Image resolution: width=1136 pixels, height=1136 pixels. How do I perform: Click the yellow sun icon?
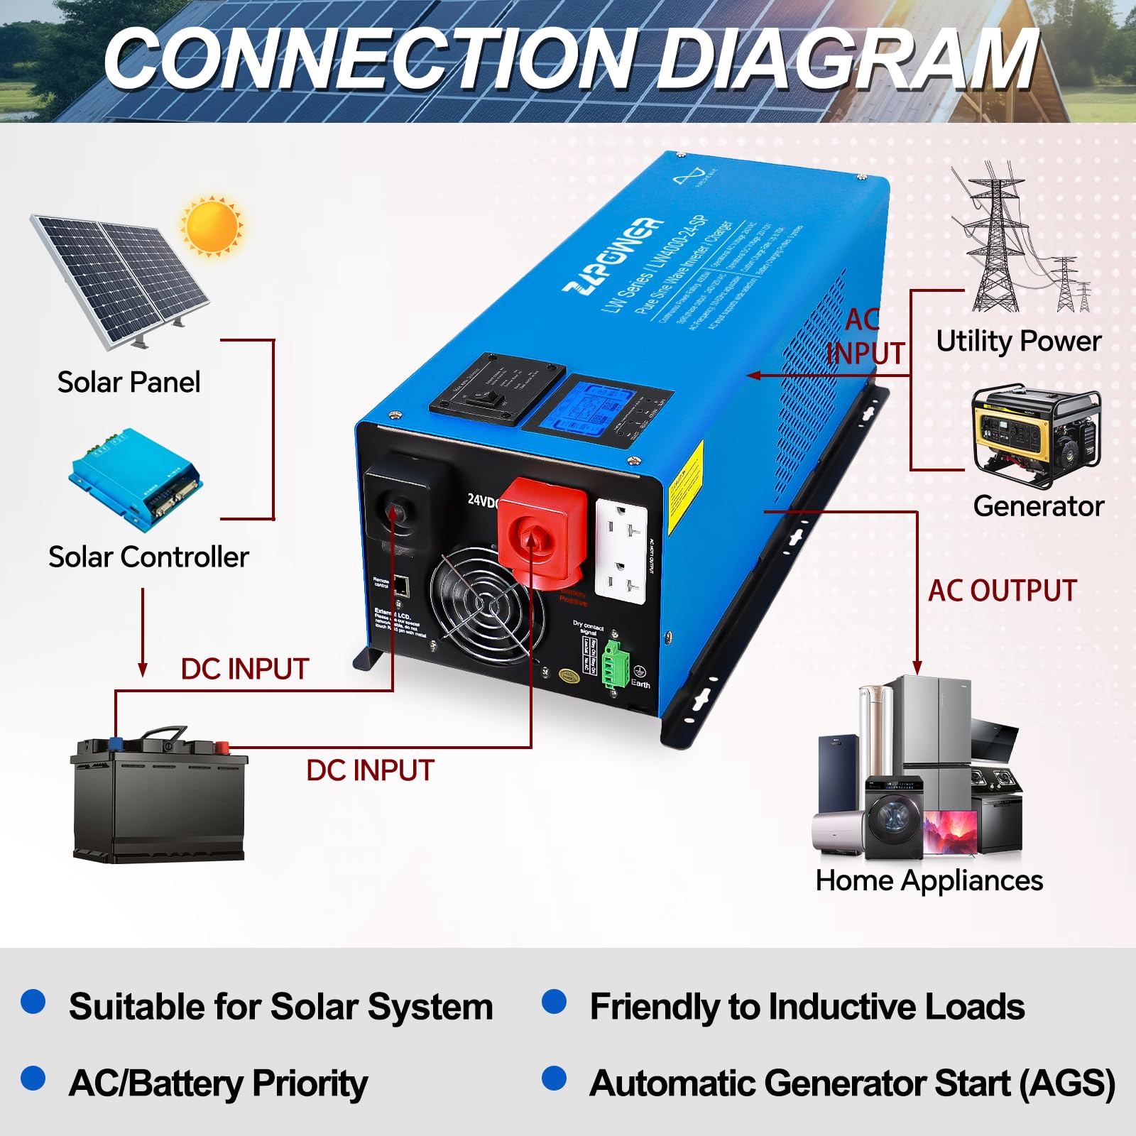(212, 226)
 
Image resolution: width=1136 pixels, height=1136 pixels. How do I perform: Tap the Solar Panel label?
(129, 382)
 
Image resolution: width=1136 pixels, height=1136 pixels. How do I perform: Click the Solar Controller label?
(148, 557)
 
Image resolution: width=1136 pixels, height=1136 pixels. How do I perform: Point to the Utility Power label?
(1018, 341)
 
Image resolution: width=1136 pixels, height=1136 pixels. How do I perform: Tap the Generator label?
(1038, 506)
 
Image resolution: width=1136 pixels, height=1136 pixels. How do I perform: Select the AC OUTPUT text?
(1003, 591)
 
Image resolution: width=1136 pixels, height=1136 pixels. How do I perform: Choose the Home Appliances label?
(929, 880)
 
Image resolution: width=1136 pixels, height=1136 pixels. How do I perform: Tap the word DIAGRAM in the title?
(848, 60)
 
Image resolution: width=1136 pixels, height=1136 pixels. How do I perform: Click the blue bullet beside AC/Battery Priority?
(33, 1078)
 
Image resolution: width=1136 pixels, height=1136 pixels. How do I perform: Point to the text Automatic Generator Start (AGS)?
(852, 1083)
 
